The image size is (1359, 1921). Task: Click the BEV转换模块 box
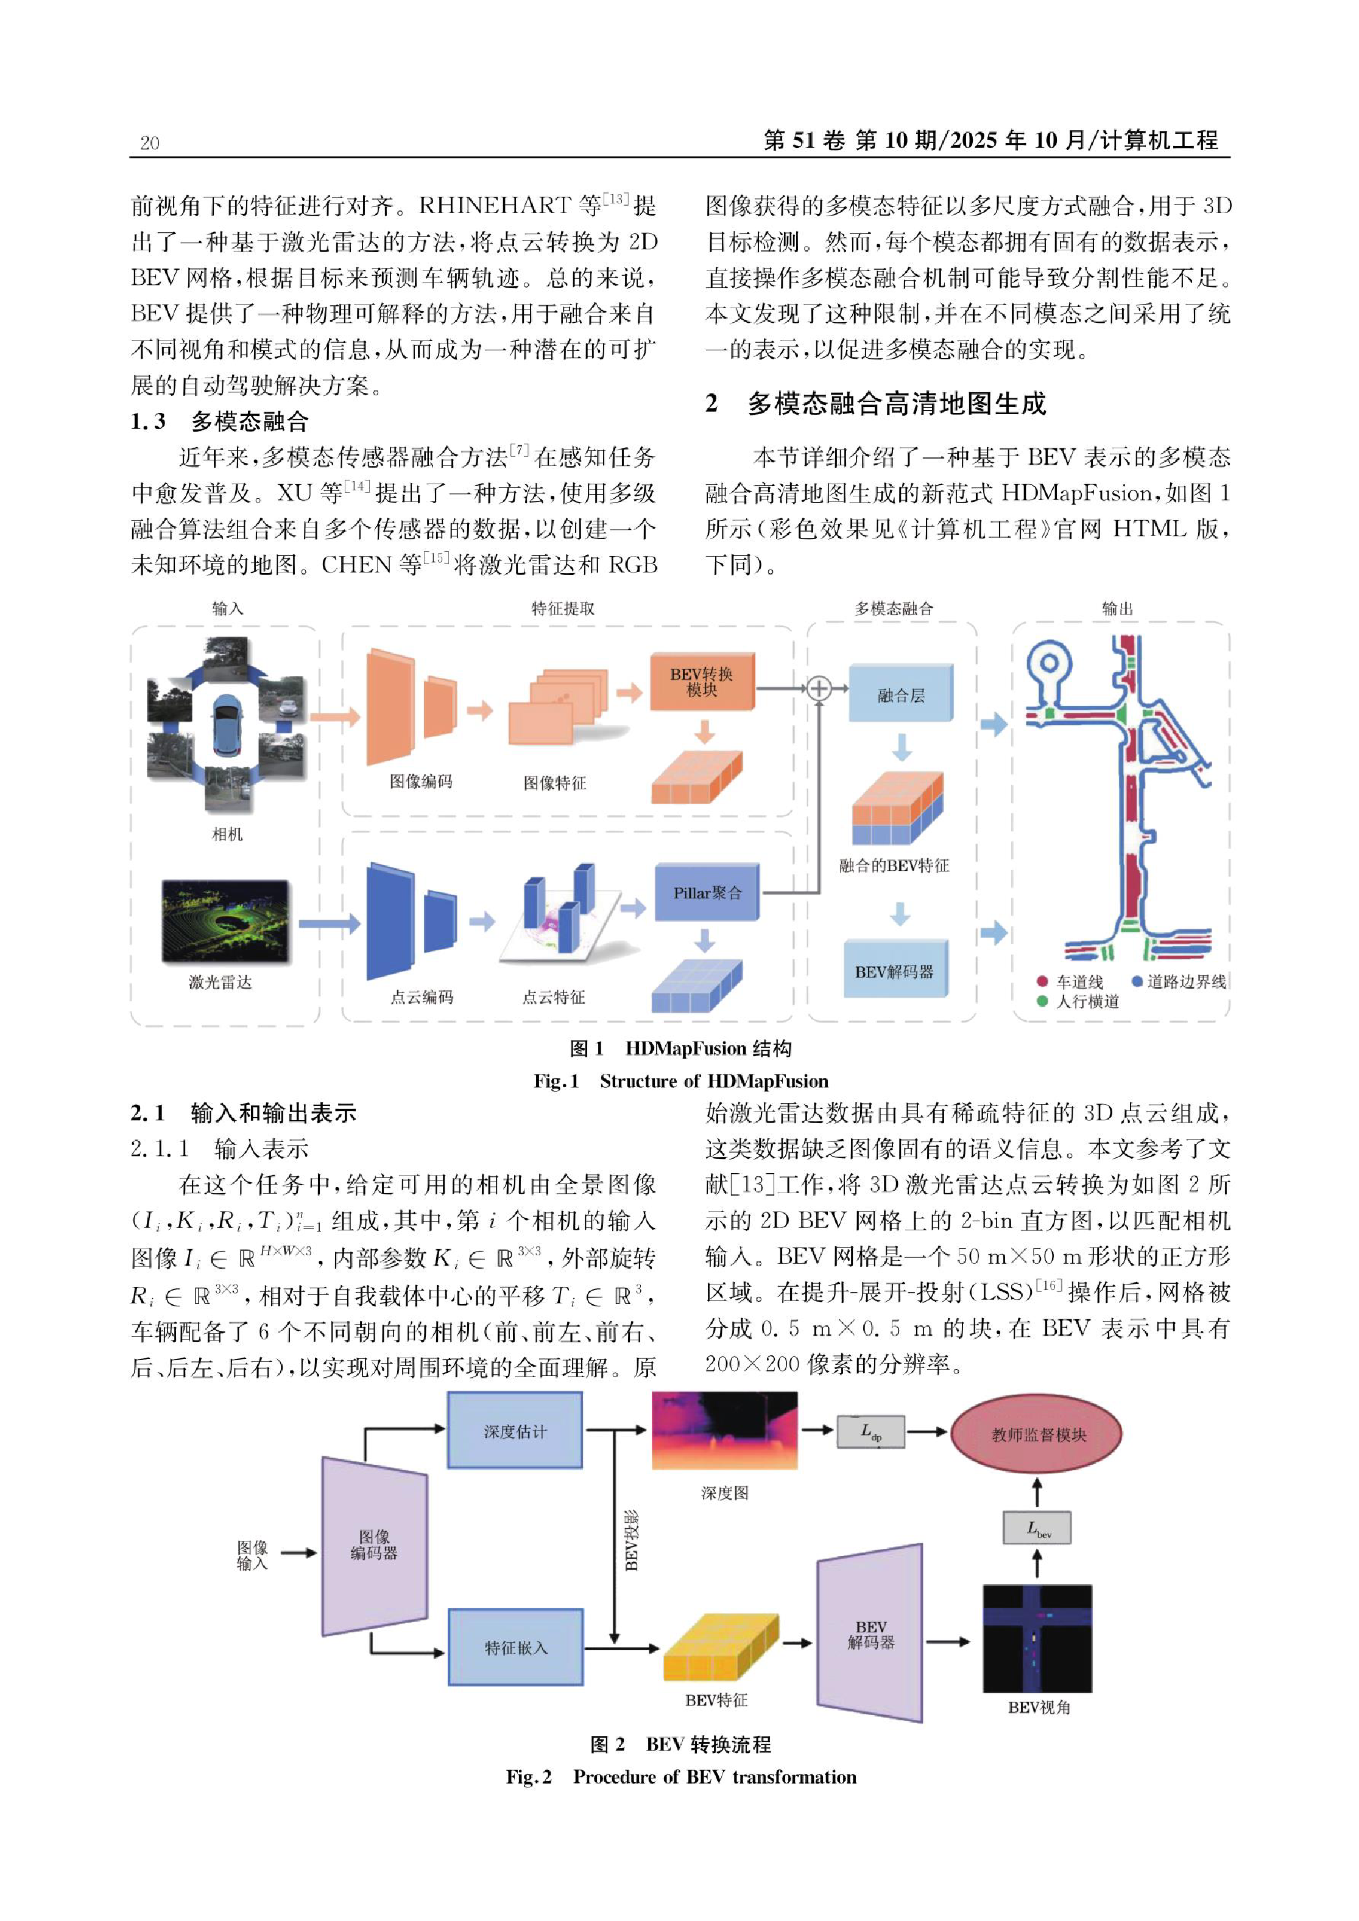pyautogui.click(x=702, y=682)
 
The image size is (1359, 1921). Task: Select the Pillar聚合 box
pyautogui.click(x=707, y=893)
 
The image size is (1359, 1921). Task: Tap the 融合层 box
pyautogui.click(x=900, y=694)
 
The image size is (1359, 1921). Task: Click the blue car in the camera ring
pyautogui.click(x=227, y=725)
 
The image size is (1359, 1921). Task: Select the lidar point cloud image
pyautogui.click(x=225, y=920)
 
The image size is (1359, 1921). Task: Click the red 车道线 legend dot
pyautogui.click(x=1042, y=981)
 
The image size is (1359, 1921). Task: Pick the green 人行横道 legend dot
pyautogui.click(x=1042, y=1001)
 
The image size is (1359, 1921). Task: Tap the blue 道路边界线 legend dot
pyautogui.click(x=1137, y=981)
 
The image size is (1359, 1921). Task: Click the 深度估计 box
pyautogui.click(x=515, y=1431)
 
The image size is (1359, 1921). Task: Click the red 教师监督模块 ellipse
pyautogui.click(x=1037, y=1434)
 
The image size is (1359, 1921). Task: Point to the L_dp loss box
pyautogui.click(x=870, y=1431)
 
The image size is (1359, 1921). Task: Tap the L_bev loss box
pyautogui.click(x=1037, y=1528)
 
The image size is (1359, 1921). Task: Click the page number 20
pyautogui.click(x=150, y=143)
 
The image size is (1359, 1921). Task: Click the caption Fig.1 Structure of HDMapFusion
pyautogui.click(x=681, y=1081)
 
